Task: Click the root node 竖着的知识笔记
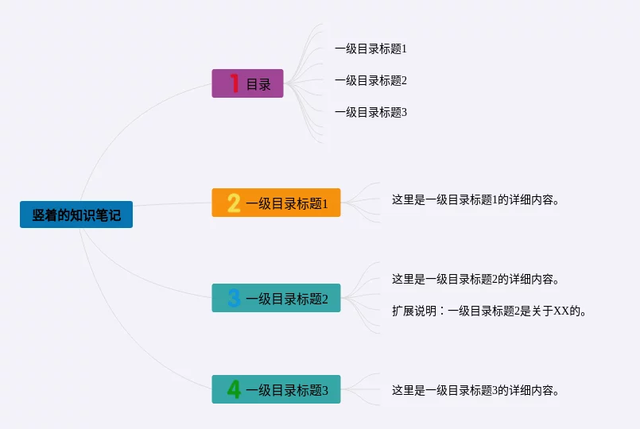(x=76, y=214)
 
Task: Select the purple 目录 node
(x=247, y=83)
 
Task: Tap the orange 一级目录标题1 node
(x=276, y=203)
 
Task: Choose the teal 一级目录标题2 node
(x=276, y=298)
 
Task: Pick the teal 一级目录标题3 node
(x=276, y=389)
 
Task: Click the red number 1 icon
(x=235, y=83)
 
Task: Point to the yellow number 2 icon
(x=234, y=203)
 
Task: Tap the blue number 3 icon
(x=234, y=299)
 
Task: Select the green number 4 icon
(x=234, y=389)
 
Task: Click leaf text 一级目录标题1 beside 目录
(x=370, y=48)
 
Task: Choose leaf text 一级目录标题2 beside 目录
(x=370, y=80)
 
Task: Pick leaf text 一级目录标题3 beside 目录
(x=370, y=112)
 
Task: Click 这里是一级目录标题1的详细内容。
(x=476, y=199)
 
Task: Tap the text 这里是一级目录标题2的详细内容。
(x=476, y=279)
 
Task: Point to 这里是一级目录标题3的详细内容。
(x=476, y=390)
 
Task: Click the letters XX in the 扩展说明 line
(x=562, y=311)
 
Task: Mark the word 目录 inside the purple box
(x=258, y=84)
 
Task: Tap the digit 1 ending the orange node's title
(x=324, y=204)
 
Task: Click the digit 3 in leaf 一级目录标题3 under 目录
(x=404, y=112)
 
